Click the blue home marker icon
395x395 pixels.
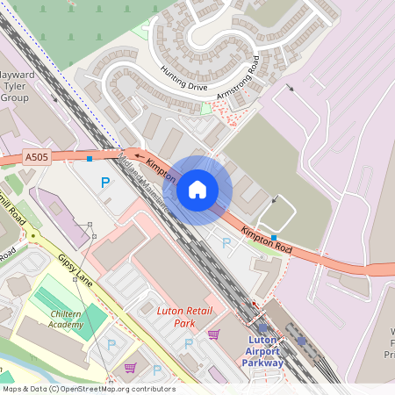coord(197,190)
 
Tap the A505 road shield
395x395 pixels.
coord(37,157)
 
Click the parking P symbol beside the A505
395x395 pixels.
coord(105,183)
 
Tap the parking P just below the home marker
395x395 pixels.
coord(226,243)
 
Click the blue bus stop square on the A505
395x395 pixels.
coord(90,159)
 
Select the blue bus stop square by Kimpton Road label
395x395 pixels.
coord(275,238)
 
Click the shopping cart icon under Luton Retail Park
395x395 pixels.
coord(213,334)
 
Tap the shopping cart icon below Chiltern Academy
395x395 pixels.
coord(130,368)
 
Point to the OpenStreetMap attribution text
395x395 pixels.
coord(88,389)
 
